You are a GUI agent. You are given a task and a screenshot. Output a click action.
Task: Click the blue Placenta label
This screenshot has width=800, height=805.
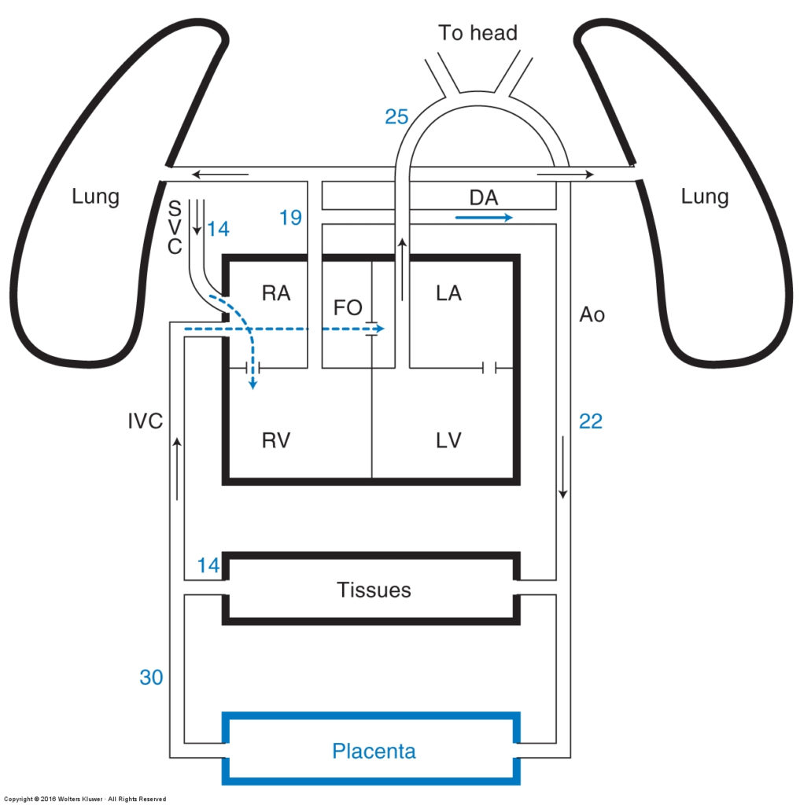click(374, 751)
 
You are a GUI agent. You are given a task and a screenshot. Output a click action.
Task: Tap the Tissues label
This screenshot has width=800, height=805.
click(374, 590)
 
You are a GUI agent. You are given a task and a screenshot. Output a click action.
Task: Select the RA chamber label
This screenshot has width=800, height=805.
click(276, 293)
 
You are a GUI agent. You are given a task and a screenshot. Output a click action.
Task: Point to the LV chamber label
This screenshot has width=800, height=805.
click(448, 440)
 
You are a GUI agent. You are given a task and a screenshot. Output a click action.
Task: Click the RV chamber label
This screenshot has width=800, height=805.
click(276, 440)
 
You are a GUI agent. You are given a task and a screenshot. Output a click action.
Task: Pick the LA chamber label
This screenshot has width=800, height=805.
click(448, 293)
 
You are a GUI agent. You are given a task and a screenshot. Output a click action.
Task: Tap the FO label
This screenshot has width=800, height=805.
click(348, 307)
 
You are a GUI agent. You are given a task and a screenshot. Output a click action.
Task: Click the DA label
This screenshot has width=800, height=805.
click(484, 197)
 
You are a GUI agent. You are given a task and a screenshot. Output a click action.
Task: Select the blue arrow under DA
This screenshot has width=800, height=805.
click(484, 218)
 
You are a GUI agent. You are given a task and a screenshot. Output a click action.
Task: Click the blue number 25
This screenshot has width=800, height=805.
click(396, 117)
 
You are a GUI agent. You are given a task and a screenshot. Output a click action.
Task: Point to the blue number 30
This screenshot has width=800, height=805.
click(151, 677)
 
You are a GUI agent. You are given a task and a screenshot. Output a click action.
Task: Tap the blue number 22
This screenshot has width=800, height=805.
click(591, 421)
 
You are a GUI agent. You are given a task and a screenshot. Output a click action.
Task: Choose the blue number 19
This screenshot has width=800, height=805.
click(290, 218)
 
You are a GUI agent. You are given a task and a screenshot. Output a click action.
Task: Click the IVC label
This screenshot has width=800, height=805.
click(145, 421)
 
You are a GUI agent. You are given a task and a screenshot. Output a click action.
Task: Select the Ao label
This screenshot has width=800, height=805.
click(592, 314)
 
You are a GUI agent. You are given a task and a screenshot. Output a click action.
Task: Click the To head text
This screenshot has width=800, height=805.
click(477, 33)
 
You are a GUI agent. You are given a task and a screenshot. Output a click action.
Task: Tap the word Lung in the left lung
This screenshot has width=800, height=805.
click(95, 197)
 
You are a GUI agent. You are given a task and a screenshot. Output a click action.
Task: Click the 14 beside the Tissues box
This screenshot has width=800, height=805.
click(208, 565)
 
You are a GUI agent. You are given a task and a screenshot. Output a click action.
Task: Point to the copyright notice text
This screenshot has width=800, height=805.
click(85, 799)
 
